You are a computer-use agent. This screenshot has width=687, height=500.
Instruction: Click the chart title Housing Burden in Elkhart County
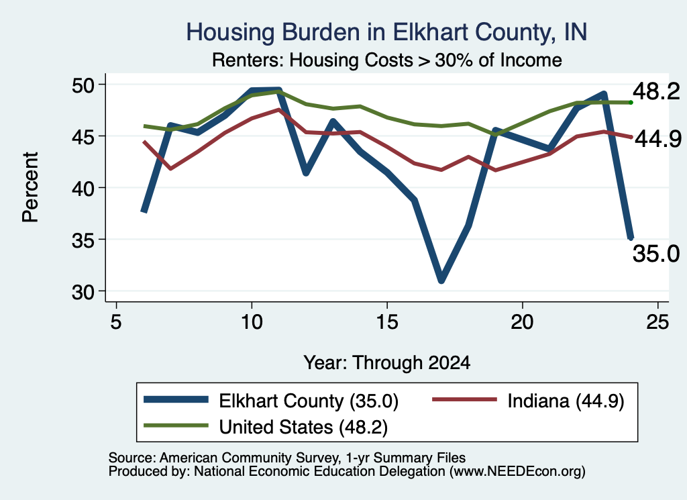click(x=386, y=32)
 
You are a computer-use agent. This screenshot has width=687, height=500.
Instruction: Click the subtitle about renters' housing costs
click(x=387, y=60)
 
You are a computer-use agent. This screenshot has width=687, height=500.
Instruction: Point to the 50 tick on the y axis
click(x=83, y=85)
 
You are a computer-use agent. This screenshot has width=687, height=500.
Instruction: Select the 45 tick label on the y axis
click(x=83, y=136)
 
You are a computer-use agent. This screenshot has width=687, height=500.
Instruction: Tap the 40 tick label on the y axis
click(x=83, y=188)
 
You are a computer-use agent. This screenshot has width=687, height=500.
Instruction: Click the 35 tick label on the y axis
click(x=83, y=240)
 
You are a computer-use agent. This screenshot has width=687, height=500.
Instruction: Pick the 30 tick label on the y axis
click(x=83, y=292)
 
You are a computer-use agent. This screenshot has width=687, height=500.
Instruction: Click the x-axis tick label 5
click(x=115, y=322)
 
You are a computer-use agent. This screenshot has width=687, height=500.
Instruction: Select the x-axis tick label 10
click(x=252, y=322)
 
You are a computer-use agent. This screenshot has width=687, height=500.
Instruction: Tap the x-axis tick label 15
click(x=387, y=322)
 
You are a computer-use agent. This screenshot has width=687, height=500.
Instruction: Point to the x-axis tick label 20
click(x=522, y=322)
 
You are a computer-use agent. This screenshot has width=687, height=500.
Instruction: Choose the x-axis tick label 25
click(x=657, y=322)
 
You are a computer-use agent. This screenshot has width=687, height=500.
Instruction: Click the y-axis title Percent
click(x=31, y=187)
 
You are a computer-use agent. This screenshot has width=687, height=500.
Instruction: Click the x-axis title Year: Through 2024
click(x=387, y=363)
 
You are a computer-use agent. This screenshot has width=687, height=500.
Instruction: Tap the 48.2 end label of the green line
click(x=656, y=91)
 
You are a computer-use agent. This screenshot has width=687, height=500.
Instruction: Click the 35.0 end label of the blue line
click(x=656, y=254)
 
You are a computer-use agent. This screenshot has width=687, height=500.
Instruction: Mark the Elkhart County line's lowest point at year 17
click(x=441, y=280)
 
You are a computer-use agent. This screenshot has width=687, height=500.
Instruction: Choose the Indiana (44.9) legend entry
click(x=529, y=401)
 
